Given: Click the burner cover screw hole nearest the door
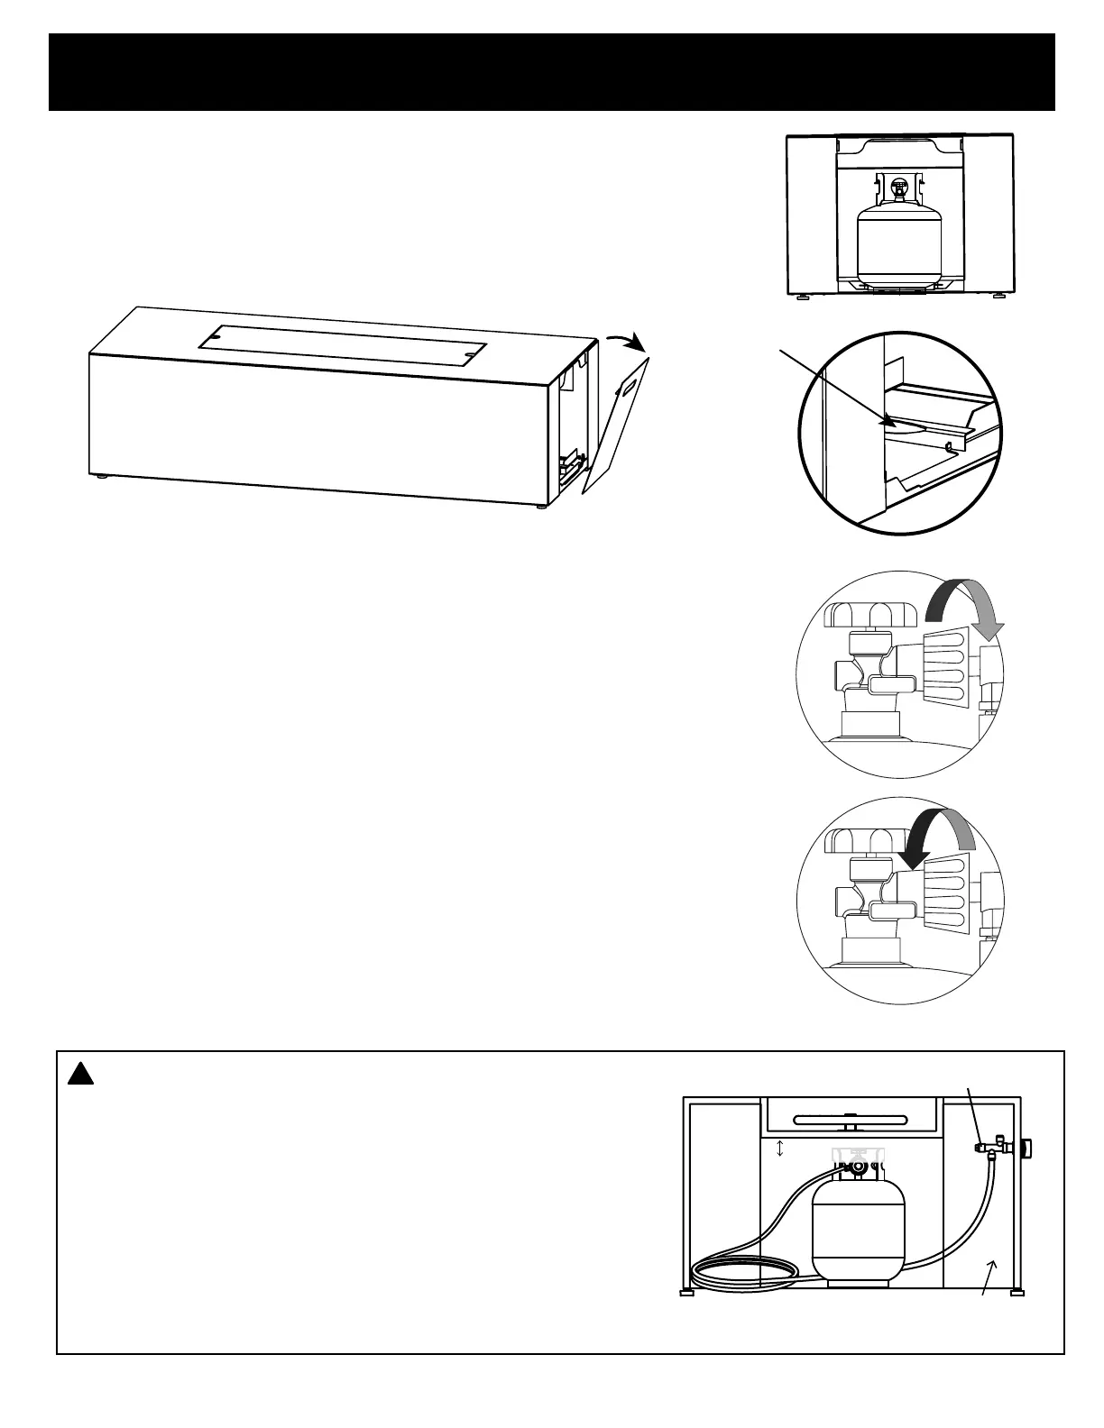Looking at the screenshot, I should [466, 359].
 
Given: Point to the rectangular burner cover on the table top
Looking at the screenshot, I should [343, 343].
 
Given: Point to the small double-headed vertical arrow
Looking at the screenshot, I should [781, 1149].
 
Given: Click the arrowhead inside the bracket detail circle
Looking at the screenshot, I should [889, 420].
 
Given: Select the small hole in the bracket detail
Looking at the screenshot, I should [949, 445].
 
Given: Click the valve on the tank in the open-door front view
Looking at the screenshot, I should [898, 189].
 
